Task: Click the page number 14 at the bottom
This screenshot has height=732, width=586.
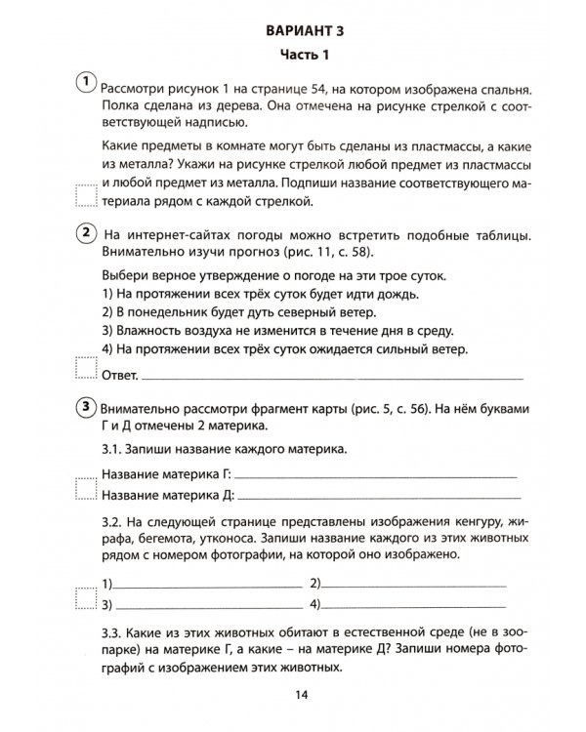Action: pos(299,694)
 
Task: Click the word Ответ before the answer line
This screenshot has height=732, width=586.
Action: pos(119,374)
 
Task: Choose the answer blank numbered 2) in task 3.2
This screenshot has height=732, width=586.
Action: pos(414,585)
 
